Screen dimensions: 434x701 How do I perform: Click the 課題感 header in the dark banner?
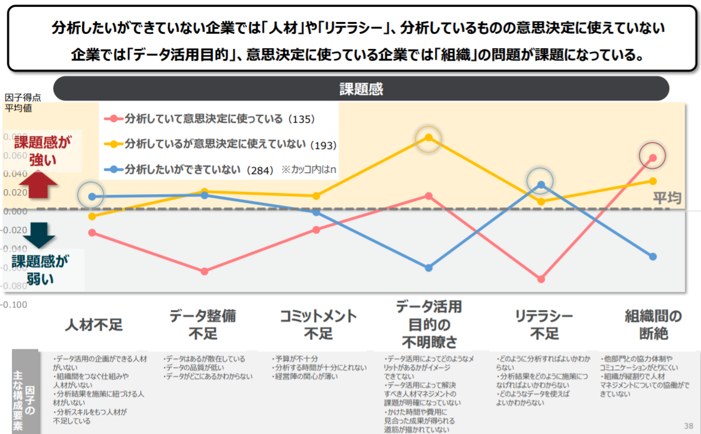(x=361, y=89)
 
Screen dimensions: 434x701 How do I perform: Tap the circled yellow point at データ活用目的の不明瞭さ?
(x=429, y=138)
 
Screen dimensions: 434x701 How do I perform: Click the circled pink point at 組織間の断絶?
(x=653, y=157)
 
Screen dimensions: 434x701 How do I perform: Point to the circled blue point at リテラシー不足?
(x=541, y=185)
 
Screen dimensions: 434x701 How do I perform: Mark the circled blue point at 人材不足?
(x=92, y=197)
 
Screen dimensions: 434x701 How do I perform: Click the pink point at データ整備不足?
(x=204, y=271)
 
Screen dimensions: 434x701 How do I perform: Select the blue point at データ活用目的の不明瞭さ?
(x=429, y=267)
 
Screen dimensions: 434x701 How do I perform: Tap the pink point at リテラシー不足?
(x=541, y=279)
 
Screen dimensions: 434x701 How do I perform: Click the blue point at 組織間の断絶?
(x=653, y=256)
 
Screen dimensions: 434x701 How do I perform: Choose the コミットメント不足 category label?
(x=318, y=324)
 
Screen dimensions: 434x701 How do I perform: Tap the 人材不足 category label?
(x=94, y=325)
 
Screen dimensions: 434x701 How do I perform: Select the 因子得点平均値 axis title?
(x=23, y=102)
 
